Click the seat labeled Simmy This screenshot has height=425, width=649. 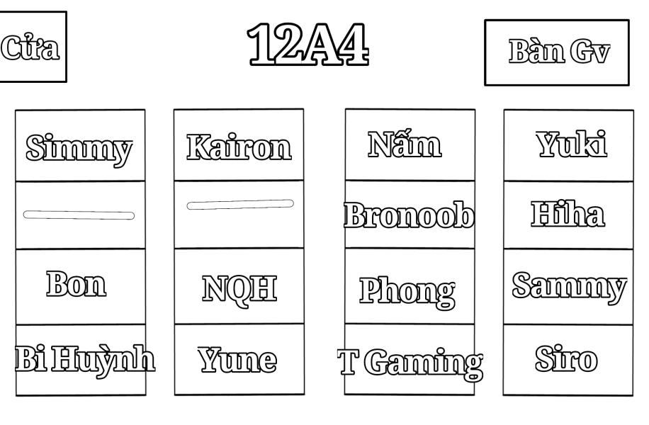tap(79, 149)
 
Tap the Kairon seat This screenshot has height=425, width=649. tap(239, 147)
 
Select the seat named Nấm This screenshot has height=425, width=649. tap(405, 144)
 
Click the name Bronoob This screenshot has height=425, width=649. tap(409, 215)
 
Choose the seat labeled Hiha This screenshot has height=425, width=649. tap(568, 214)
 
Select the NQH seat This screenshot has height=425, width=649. tap(239, 289)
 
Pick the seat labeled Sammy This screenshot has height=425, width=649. tap(569, 286)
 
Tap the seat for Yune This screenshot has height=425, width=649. tap(237, 360)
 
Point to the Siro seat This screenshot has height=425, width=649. tap(567, 360)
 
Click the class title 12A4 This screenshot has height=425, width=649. tap(308, 44)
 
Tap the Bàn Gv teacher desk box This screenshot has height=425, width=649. tap(557, 52)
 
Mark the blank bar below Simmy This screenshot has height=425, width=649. tap(79, 215)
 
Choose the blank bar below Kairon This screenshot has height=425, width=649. tap(240, 205)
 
